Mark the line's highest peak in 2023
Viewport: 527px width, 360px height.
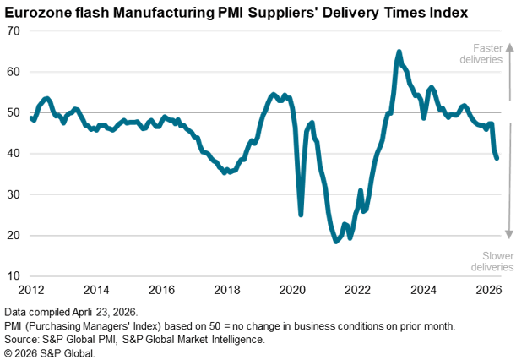399,52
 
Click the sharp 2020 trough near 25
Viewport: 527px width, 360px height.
301,215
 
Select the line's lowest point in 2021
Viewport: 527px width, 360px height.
336,242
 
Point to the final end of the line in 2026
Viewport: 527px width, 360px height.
497,158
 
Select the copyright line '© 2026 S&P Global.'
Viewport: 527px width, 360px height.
50,352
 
